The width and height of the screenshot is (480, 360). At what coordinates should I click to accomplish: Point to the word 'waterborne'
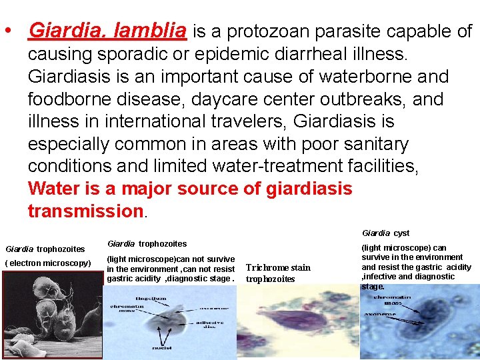click(x=359, y=77)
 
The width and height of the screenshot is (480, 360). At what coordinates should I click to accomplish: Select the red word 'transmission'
click(x=85, y=211)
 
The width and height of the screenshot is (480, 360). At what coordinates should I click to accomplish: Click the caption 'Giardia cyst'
click(x=385, y=233)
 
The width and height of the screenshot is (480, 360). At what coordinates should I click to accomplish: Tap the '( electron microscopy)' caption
click(x=48, y=263)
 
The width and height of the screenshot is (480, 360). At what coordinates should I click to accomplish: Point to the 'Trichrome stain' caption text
click(x=278, y=268)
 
